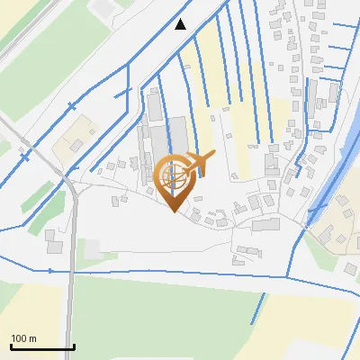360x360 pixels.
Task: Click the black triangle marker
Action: pyautogui.click(x=181, y=24)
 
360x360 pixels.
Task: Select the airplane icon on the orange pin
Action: pyautogui.click(x=199, y=164)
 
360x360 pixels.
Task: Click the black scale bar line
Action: pyautogui.click(x=41, y=346)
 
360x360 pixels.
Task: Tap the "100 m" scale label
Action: pyautogui.click(x=24, y=338)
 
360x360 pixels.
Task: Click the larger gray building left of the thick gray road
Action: pyautogui.click(x=54, y=245)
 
